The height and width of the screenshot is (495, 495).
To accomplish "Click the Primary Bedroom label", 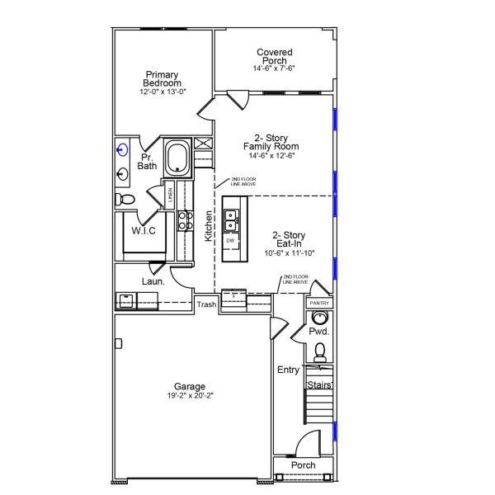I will [x=163, y=79].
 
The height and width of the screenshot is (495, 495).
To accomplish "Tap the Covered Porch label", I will [x=275, y=57].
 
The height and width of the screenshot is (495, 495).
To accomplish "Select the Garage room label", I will [x=190, y=386].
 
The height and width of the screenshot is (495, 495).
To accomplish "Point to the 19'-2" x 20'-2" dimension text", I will [x=190, y=396].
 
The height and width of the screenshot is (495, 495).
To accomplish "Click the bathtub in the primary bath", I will [x=177, y=157].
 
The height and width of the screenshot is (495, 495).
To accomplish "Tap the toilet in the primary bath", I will [x=124, y=199].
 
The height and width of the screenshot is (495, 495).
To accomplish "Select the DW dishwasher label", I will [x=230, y=240].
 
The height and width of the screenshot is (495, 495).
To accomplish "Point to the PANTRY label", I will [x=319, y=304].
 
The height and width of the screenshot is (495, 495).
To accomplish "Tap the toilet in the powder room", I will [x=320, y=352].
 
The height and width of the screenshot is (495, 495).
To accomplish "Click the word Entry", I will [x=288, y=370].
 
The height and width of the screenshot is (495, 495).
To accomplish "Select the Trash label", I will [x=206, y=304].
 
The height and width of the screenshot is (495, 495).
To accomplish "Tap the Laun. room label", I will [x=153, y=281].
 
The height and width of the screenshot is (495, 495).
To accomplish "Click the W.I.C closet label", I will [x=144, y=230].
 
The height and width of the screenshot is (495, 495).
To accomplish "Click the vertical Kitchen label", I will [x=209, y=225].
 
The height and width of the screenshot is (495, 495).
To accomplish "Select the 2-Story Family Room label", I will [x=271, y=142].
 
